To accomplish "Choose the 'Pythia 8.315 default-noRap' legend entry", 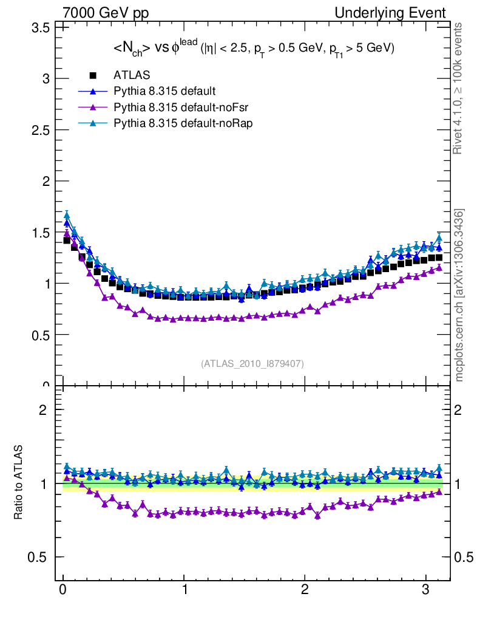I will (183, 123).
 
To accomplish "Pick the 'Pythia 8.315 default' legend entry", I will (164, 91).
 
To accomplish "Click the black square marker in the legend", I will (93, 75).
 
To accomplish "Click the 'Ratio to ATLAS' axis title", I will (19, 483).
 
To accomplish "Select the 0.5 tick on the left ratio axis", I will (38, 558).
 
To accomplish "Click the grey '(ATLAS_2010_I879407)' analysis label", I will (252, 363).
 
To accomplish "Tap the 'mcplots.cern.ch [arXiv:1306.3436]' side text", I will (460, 295).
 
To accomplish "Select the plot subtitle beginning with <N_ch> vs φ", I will (254, 49).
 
